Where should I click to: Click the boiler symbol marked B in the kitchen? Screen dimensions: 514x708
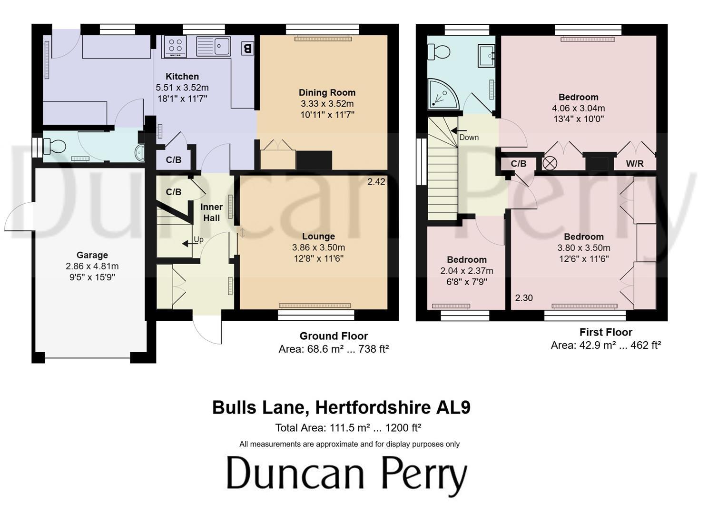click(247, 48)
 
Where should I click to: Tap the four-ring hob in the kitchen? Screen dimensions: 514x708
click(175, 46)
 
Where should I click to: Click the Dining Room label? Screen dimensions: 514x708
click(327, 92)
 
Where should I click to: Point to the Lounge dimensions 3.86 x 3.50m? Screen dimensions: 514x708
click(318, 247)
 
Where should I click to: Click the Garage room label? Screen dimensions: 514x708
click(92, 255)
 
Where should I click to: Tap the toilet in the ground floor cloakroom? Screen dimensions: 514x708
click(53, 146)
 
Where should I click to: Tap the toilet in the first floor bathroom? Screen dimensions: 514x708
click(438, 51)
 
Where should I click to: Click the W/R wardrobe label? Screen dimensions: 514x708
click(635, 164)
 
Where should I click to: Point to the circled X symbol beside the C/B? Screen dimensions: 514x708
click(550, 164)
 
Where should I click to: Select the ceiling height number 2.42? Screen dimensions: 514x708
click(376, 181)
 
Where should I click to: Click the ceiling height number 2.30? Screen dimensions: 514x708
click(524, 298)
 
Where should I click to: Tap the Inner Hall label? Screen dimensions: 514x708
click(211, 212)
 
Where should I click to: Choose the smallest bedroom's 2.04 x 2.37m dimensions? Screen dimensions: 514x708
click(467, 271)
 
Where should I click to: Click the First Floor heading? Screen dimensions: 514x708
click(606, 332)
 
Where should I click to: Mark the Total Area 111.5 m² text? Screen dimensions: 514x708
click(348, 428)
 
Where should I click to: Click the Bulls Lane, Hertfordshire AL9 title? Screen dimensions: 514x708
click(341, 408)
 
